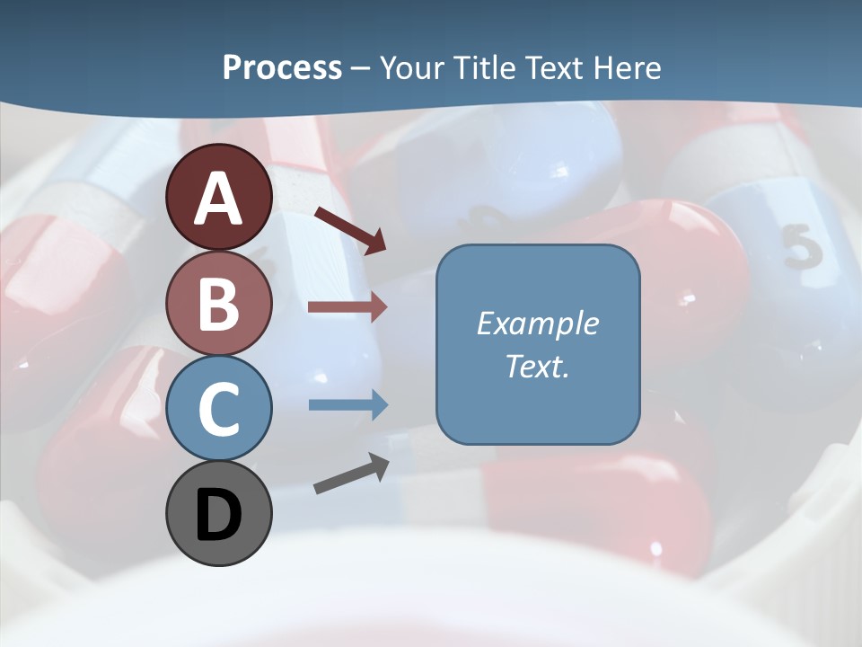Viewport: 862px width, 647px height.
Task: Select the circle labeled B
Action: coord(218,304)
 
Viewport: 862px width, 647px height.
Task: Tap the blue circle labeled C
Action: coord(218,409)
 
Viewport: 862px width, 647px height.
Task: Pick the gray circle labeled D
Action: coord(218,513)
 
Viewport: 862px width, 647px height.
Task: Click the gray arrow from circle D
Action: coord(351,474)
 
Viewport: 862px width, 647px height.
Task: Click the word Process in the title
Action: coord(282,67)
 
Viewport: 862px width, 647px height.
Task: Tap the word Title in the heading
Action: coord(481,67)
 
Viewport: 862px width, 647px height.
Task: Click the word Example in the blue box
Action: coord(537,323)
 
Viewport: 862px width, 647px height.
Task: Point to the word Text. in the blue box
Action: coord(537,366)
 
